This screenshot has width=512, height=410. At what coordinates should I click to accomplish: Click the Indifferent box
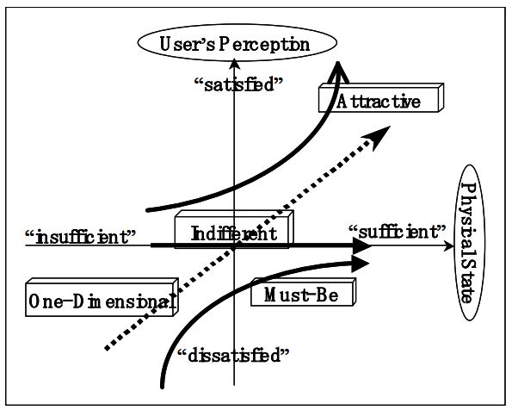click(x=233, y=233)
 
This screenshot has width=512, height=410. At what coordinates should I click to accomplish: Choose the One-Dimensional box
click(x=102, y=301)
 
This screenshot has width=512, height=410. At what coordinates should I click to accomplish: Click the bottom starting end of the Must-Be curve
click(x=163, y=386)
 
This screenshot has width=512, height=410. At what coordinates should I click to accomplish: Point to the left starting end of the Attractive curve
click(x=148, y=209)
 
